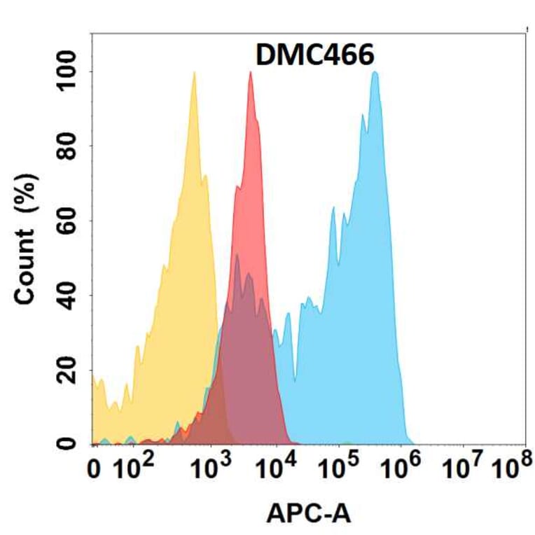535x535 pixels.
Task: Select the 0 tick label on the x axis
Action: point(97,471)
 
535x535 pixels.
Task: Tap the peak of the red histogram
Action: point(250,73)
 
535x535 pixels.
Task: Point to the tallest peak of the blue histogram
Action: point(375,73)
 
